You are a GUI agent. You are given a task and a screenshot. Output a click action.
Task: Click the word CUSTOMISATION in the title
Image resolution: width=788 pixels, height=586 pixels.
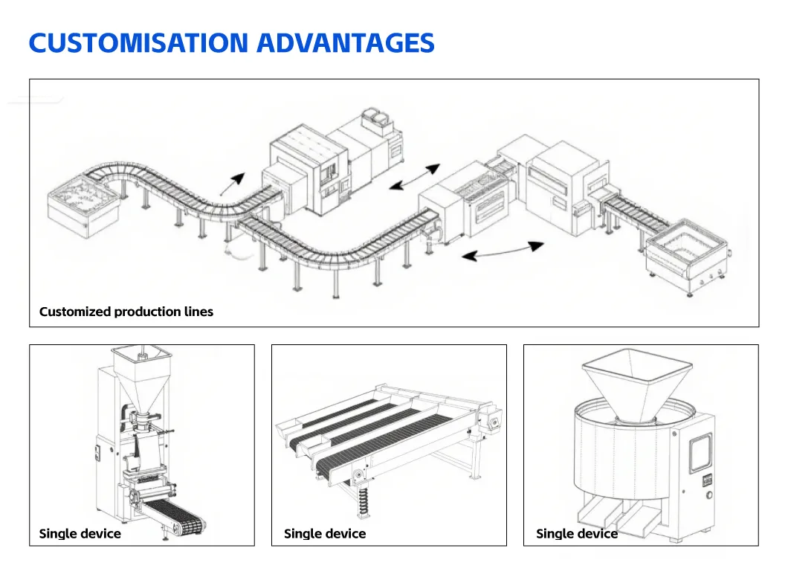coord(138,42)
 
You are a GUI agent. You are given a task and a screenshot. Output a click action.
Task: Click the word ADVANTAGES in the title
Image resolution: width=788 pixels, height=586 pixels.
coord(346,42)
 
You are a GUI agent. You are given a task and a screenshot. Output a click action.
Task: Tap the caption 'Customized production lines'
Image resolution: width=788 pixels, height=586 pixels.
coord(126,312)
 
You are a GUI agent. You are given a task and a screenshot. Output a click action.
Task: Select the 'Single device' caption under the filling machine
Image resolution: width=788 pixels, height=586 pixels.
coord(80,534)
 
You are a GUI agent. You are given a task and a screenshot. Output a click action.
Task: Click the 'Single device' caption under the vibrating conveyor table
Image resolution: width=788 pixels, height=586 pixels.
coord(325,534)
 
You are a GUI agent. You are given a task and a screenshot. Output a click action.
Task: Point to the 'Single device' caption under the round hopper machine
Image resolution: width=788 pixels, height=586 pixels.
coord(577,534)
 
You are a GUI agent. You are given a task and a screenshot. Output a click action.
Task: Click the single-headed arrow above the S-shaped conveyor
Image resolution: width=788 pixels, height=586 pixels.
coord(232,184)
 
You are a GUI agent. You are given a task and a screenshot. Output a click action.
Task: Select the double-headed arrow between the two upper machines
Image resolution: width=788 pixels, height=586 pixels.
coord(415,177)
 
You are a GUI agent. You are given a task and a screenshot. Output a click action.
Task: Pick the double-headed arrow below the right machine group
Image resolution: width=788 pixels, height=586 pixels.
coord(503,251)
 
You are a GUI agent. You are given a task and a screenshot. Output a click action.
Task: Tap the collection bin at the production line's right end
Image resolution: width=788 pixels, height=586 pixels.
coord(687,257)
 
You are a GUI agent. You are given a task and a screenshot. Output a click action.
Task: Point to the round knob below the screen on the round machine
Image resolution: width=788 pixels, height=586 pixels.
coord(709,495)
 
